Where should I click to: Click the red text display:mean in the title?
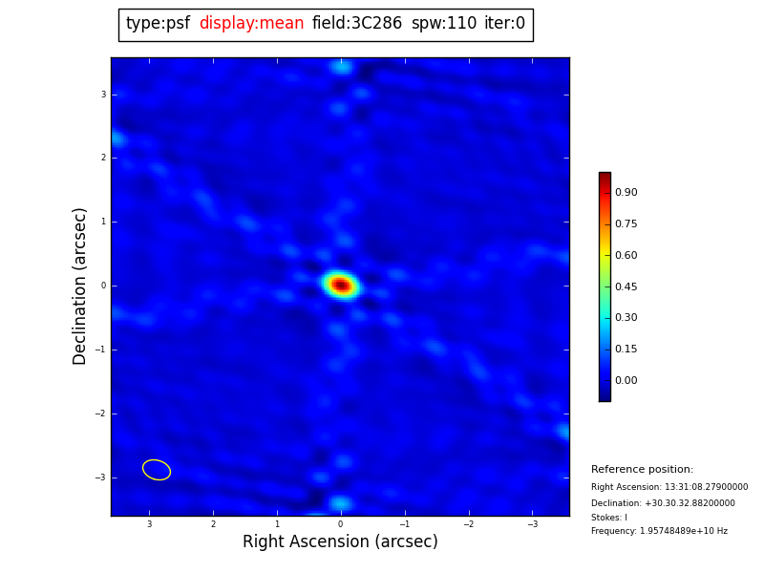point(251,24)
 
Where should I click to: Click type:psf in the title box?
point(158,24)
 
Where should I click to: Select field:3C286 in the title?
point(357,24)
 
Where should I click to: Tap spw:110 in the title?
point(443,24)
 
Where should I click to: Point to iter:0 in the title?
point(504,24)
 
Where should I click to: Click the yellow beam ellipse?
point(157,470)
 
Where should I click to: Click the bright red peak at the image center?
point(340,285)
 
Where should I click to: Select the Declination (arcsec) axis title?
point(80,286)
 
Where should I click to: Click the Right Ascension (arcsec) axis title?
point(340,542)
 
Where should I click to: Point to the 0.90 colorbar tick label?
point(626,193)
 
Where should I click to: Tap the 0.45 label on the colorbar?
point(626,286)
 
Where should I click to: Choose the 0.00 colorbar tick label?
point(626,380)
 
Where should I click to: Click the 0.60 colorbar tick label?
point(626,255)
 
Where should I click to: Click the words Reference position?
point(642,470)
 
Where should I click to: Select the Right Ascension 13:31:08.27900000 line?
point(669,487)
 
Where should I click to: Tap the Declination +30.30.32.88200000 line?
point(663,503)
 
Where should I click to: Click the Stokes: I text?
point(609,518)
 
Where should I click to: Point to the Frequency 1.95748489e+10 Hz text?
point(659,531)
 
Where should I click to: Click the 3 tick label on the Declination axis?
point(103,95)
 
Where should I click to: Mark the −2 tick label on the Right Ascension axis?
point(468,524)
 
